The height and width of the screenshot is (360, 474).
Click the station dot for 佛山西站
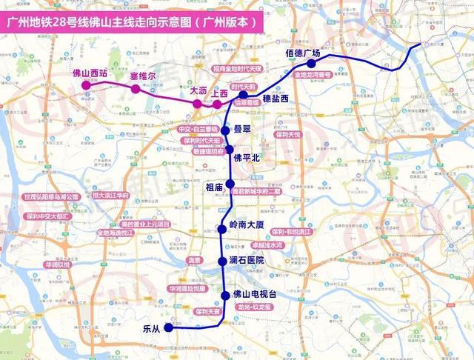(87, 85)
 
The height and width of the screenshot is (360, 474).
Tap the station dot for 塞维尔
(136, 89)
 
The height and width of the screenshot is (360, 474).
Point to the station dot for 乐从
(169, 327)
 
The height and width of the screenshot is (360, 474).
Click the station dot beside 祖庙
(230, 184)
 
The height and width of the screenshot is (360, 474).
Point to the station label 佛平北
(247, 157)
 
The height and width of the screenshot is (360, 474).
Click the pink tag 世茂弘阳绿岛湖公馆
(50, 197)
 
